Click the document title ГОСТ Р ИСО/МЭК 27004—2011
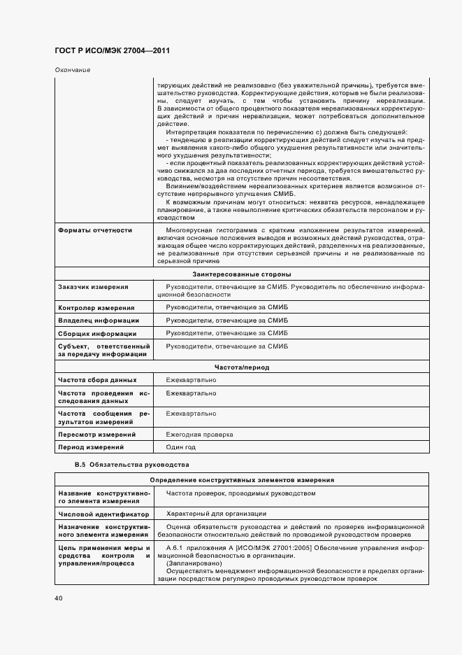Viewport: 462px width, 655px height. pyautogui.click(x=111, y=51)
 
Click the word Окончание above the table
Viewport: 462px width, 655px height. pyautogui.click(x=72, y=70)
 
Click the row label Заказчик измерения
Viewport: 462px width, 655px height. pyautogui.click(x=93, y=287)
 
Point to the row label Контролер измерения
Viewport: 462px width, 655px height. pyautogui.click(x=96, y=308)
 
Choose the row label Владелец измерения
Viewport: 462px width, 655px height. pyautogui.click(x=94, y=321)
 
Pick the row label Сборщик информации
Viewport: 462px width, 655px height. pyautogui.click(x=96, y=334)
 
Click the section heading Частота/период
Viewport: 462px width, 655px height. pyautogui.click(x=241, y=367)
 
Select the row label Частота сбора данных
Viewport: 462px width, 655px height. pyautogui.click(x=97, y=380)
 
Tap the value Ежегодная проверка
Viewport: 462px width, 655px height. pyautogui.click(x=200, y=434)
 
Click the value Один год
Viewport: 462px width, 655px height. pyautogui.click(x=180, y=446)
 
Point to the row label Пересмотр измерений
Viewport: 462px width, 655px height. pyautogui.click(x=96, y=435)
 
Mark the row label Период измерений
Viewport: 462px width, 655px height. pyautogui.click(x=90, y=447)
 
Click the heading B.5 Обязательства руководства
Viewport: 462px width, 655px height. pyautogui.click(x=131, y=465)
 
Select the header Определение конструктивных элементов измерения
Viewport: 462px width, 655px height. pyautogui.click(x=241, y=480)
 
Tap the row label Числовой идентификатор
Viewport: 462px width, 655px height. pyautogui.click(x=99, y=514)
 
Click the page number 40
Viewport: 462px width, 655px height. pyautogui.click(x=59, y=598)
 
